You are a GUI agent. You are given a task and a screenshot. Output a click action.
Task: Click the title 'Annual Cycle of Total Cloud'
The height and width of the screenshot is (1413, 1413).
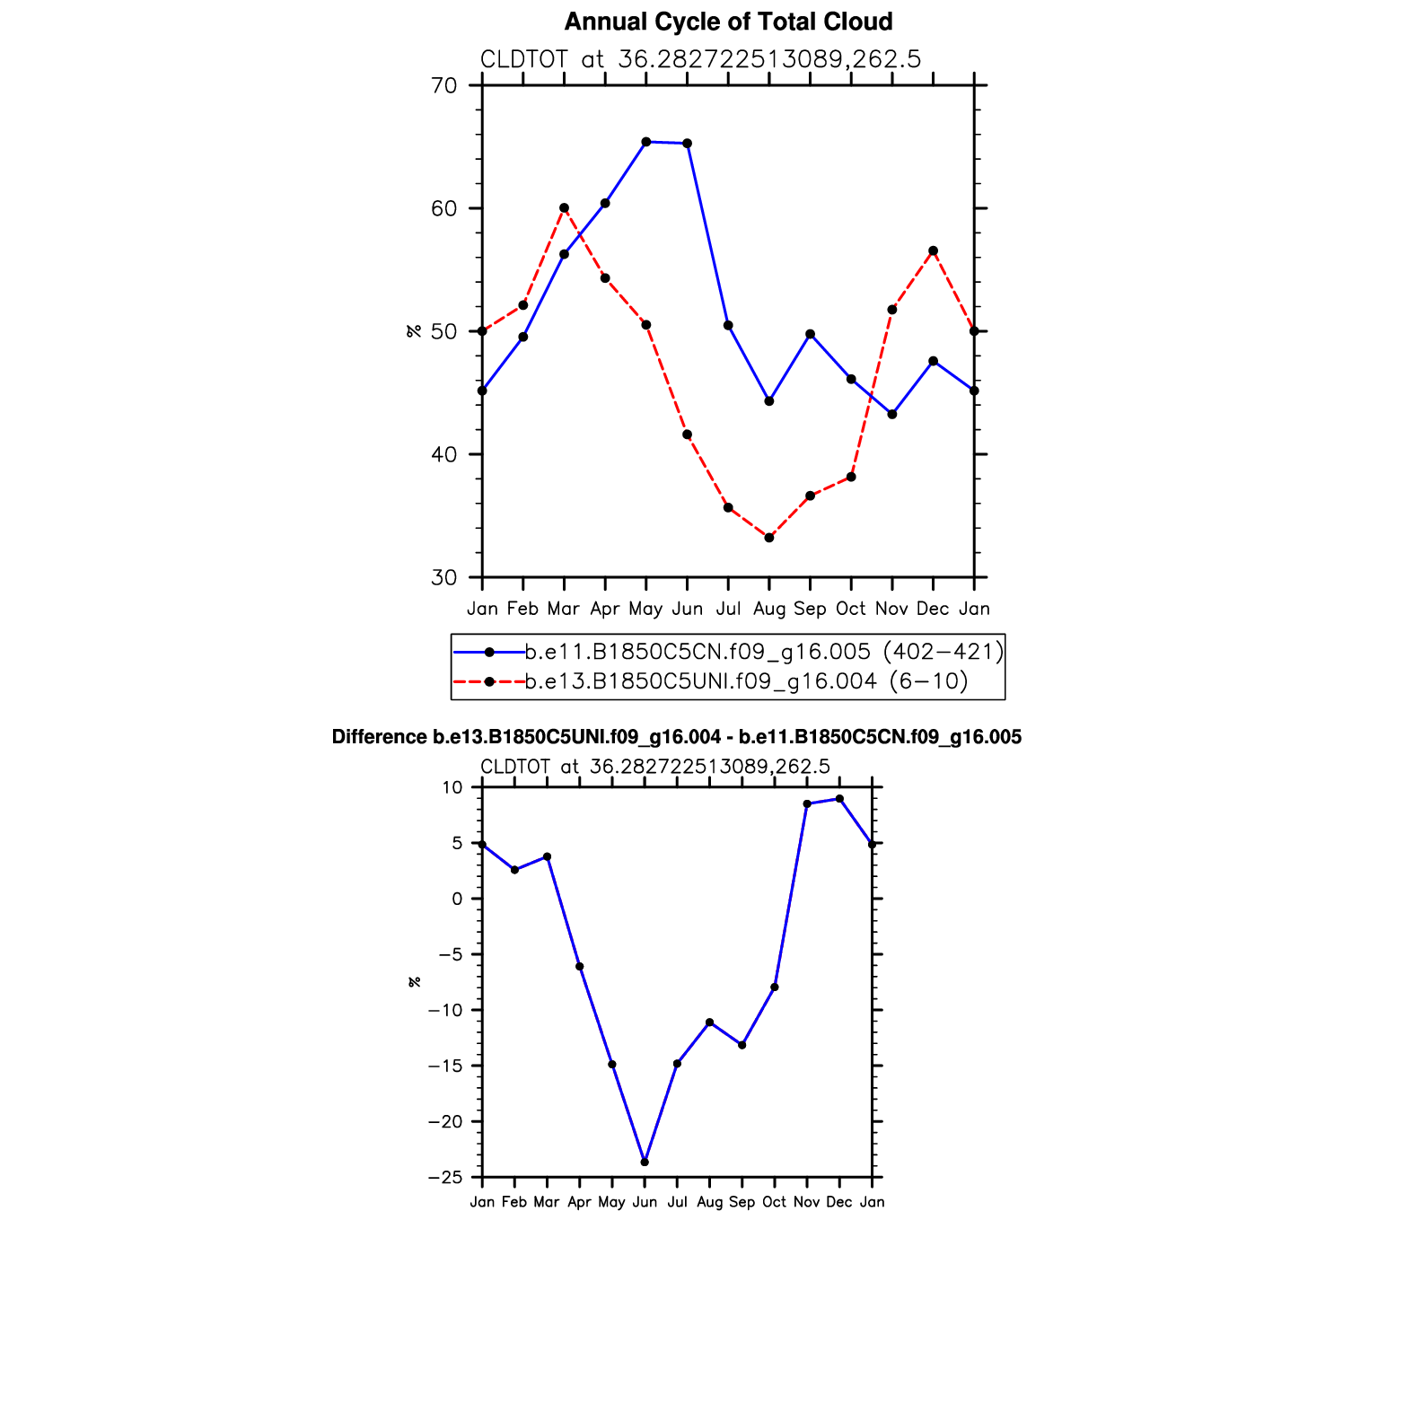coord(728,22)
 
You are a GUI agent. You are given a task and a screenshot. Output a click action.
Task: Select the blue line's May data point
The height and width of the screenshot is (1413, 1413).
coord(646,142)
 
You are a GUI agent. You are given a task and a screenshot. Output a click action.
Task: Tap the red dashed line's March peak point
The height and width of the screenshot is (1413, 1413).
coord(564,208)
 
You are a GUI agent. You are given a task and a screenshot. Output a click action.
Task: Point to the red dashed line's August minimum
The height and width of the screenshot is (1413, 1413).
coord(769,538)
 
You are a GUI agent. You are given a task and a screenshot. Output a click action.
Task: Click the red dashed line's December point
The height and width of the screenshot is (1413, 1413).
coord(934,251)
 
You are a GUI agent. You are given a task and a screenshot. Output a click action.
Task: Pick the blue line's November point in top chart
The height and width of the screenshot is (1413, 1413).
coord(892,415)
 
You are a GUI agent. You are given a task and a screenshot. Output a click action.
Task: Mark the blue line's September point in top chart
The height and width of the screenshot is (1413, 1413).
coord(811,334)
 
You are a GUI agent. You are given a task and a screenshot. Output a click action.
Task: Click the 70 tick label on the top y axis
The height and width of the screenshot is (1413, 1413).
coord(444,86)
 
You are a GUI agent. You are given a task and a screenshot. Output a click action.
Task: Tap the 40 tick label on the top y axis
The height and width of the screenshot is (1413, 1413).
coord(444,454)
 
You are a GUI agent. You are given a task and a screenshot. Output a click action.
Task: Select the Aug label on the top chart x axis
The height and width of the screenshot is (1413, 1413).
coord(769,609)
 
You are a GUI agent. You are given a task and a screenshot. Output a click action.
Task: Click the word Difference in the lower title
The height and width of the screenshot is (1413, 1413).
coord(379,737)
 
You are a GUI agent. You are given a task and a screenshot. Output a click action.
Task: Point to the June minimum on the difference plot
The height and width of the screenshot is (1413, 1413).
coord(645,1163)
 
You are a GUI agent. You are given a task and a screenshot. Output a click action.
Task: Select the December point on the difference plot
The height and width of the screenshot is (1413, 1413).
coord(839,799)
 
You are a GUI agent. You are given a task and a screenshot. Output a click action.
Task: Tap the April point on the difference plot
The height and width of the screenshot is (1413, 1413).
coord(580,967)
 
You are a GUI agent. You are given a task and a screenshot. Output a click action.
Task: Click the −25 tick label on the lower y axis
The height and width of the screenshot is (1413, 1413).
coord(445,1177)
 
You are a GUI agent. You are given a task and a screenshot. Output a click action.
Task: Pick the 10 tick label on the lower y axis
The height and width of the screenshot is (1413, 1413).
coord(452,787)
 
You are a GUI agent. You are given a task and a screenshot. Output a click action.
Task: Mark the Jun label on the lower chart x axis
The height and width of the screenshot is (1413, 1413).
coord(645,1202)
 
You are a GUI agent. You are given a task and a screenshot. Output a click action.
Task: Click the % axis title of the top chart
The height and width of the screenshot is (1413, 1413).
coord(414,331)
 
